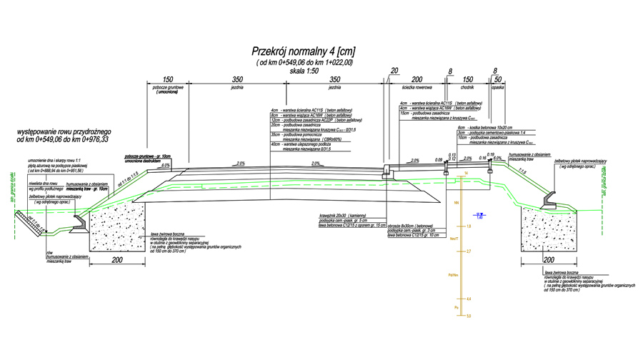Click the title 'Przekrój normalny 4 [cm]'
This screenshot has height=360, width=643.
[x=304, y=51]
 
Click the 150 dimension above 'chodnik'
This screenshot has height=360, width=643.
[x=469, y=81]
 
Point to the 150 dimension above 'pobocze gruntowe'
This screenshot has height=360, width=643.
[x=169, y=81]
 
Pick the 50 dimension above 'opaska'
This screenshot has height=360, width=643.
[x=498, y=81]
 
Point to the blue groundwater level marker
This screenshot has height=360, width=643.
[x=481, y=215]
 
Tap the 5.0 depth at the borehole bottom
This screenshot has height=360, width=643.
[x=469, y=315]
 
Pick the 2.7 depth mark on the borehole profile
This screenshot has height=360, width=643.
[x=469, y=252]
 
